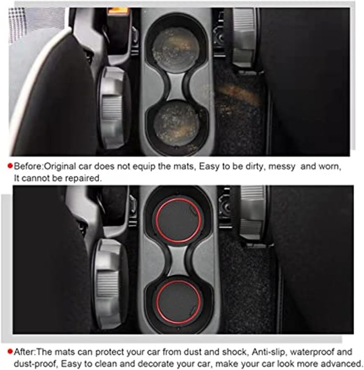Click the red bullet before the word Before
[10, 166]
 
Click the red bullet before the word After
[10, 352]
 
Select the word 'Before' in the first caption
[28, 166]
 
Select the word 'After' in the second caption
[24, 352]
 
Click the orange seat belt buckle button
[118, 11]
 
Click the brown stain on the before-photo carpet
[238, 95]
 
